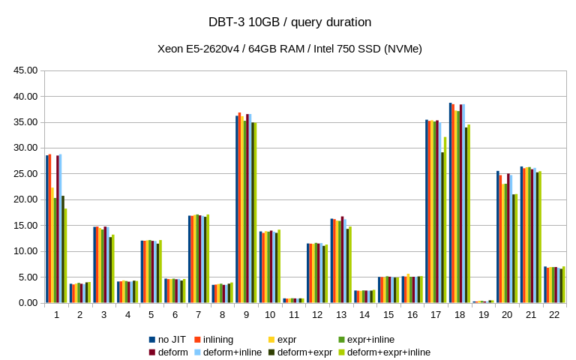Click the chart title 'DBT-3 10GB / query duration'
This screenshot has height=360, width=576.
(x=288, y=22)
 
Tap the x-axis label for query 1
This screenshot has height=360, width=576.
(x=56, y=315)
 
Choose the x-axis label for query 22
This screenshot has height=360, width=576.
(x=554, y=315)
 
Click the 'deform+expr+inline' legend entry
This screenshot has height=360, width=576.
(x=389, y=352)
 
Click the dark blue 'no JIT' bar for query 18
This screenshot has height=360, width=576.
(x=451, y=202)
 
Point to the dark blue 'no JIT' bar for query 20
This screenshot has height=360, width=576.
(x=498, y=237)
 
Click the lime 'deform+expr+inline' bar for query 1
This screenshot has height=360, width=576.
(x=65, y=255)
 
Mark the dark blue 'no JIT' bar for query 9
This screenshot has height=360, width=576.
(x=237, y=209)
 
